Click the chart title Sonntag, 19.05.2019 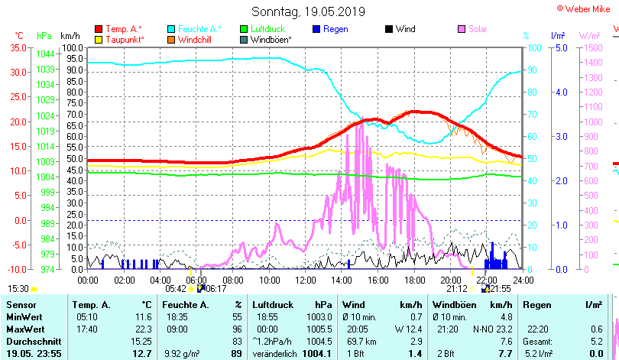309,12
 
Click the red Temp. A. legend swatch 99,29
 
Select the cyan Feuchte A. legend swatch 171,29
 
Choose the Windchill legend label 196,39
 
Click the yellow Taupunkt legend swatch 99,39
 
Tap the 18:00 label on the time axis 414,280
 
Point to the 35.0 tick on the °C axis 18,47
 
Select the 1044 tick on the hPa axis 45,54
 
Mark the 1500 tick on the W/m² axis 589,47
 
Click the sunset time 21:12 457,288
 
